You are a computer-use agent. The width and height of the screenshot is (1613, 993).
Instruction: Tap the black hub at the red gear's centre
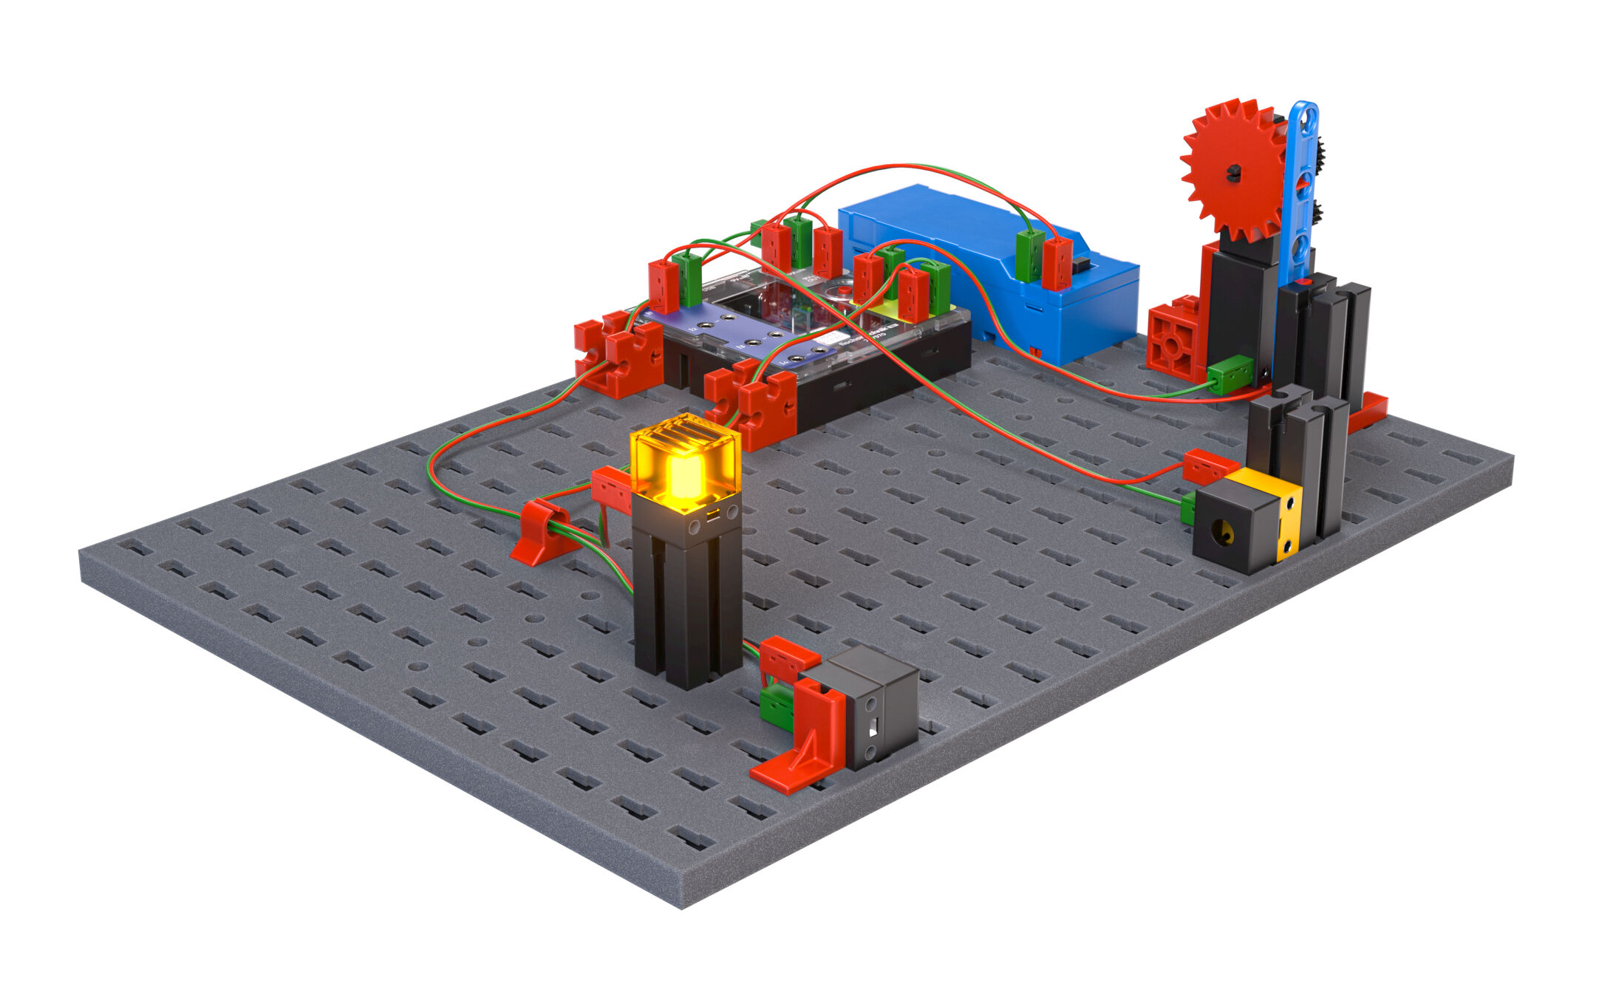point(1233,174)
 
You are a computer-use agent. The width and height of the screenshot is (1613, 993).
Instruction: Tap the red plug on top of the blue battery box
point(1057,263)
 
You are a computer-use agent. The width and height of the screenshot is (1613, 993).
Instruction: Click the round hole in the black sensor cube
point(1225,530)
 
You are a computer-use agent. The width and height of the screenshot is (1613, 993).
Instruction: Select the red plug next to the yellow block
point(1209,467)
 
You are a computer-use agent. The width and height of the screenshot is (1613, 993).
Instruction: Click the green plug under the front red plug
point(775,705)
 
